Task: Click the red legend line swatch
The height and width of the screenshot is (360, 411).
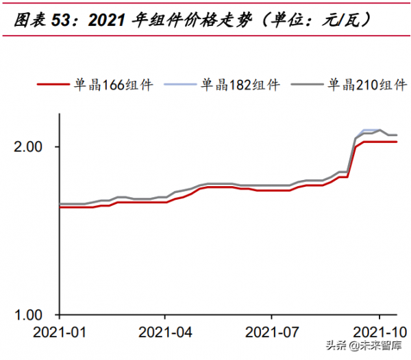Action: coord(53,86)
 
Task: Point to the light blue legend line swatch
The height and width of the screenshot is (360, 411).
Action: coord(180,86)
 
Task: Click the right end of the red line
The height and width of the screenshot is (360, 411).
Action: coord(397,142)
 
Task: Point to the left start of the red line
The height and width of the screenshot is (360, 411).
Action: coord(60,207)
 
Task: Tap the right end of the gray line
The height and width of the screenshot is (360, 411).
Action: coord(397,135)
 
